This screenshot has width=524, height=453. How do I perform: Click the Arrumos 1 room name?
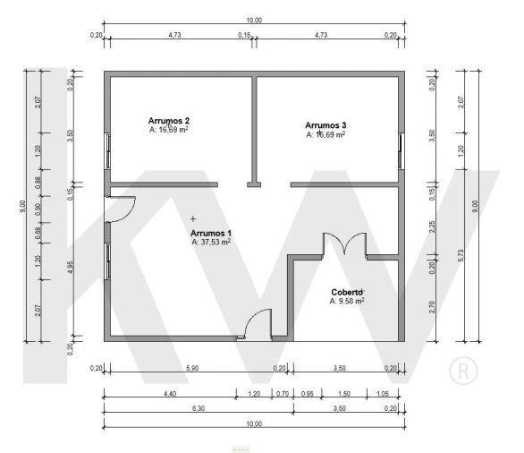click(211, 233)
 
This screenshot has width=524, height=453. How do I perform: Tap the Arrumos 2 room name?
click(169, 121)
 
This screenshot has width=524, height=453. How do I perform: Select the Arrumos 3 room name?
click(325, 125)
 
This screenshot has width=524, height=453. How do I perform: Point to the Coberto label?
click(347, 292)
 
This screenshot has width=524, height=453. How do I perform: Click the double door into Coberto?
click(344, 244)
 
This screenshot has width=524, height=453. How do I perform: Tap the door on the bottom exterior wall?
click(258, 324)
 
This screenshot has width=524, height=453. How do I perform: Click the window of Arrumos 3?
click(401, 151)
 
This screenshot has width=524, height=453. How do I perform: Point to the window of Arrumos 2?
click(107, 151)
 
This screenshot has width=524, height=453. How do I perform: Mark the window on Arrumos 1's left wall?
click(107, 261)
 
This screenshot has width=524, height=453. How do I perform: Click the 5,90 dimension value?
click(192, 368)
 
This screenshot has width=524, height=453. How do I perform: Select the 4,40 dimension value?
click(170, 394)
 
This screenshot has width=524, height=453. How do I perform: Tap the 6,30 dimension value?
click(199, 408)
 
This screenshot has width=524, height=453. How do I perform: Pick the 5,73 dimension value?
click(461, 256)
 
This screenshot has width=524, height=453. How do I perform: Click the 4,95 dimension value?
click(70, 267)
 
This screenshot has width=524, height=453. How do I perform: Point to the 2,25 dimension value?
click(432, 226)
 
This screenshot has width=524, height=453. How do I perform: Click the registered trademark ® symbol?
click(463, 371)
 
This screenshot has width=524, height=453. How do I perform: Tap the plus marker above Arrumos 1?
click(193, 218)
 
